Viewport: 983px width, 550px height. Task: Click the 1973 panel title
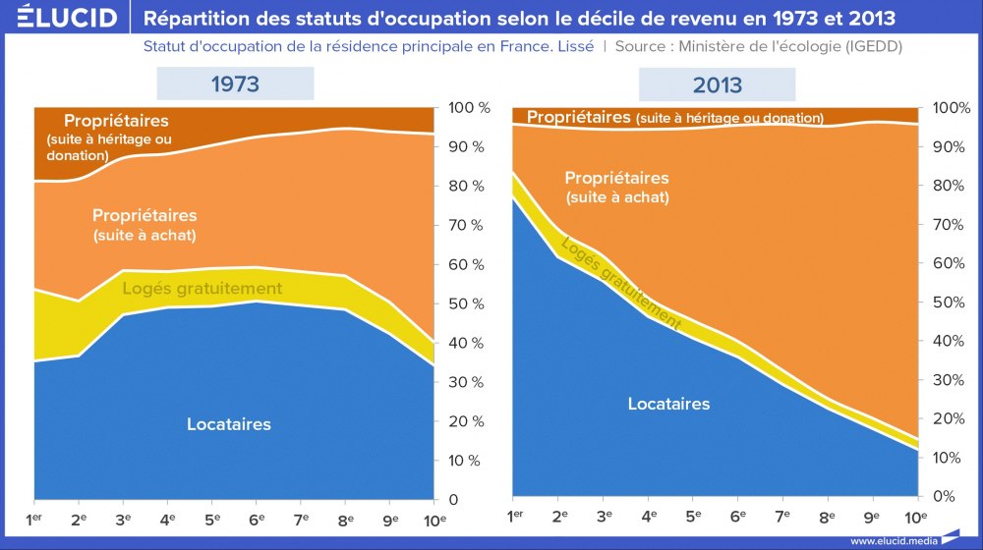point(236,83)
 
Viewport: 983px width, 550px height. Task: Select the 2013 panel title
point(718,84)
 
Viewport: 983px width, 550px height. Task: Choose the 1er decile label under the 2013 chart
point(514,516)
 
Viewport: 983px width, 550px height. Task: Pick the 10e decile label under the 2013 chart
point(915,516)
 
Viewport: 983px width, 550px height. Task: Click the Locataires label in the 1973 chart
point(228,424)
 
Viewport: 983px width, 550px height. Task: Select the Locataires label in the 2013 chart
point(668,404)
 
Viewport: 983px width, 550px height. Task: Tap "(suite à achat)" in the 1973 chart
point(145,236)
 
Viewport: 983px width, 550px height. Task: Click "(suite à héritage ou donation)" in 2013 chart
point(729,118)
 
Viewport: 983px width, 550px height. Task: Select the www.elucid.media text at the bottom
point(893,540)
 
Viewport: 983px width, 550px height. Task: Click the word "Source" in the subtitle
point(641,46)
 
